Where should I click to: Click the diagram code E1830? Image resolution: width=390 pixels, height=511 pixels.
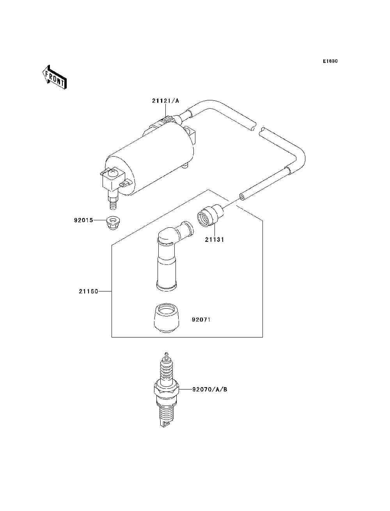330,61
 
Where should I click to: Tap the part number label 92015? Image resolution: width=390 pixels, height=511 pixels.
83,220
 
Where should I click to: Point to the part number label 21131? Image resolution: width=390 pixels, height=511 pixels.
214,239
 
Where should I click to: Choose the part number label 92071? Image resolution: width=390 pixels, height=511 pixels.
201,320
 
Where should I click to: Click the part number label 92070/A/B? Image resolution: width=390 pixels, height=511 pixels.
209,390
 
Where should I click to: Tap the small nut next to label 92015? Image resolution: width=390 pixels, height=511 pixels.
112,223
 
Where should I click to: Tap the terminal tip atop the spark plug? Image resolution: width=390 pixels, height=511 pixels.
166,354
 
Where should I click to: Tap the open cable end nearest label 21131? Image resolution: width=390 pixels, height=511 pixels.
243,196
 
